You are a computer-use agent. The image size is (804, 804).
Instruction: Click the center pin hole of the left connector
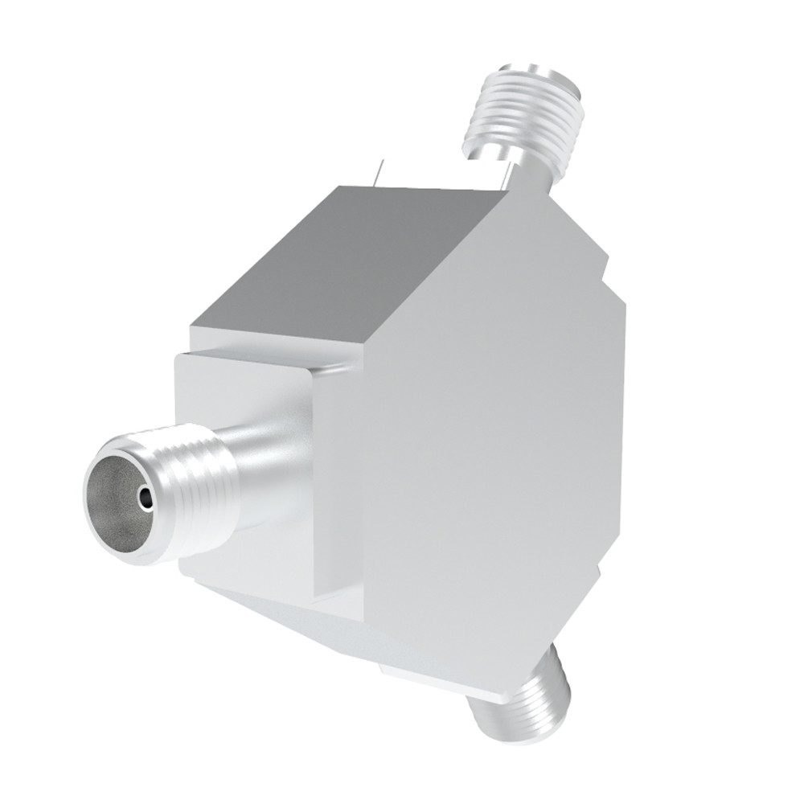[x=145, y=499]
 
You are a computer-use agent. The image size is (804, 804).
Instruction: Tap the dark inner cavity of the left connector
[x=121, y=498]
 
